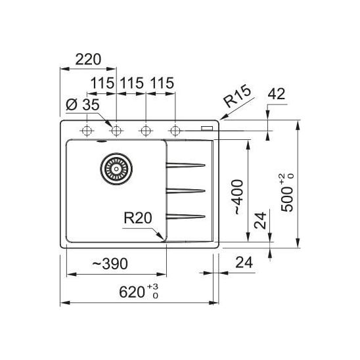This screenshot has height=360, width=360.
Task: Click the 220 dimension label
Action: point(88,60)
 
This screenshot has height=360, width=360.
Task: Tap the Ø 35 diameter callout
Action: point(83,104)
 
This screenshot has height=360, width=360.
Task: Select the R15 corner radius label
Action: point(238,95)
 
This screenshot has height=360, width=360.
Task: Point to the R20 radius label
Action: point(138,218)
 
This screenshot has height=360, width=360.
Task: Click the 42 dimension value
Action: point(277,94)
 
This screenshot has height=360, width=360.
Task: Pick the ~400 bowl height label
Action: point(238,197)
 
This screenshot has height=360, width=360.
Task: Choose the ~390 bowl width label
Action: point(110,264)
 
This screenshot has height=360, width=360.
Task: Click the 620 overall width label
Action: point(139,292)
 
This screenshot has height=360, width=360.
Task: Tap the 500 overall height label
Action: point(287,193)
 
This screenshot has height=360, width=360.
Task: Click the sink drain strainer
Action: point(116,169)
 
